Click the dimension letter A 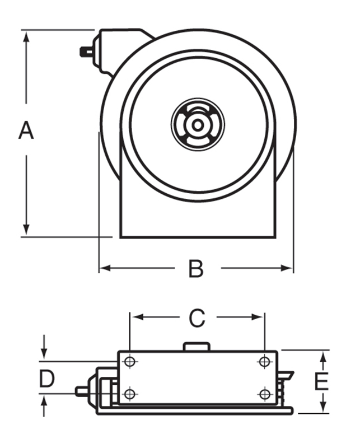(26, 131)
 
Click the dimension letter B (195, 269)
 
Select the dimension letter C (197, 318)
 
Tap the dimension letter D (46, 379)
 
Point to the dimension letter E (321, 382)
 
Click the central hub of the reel (198, 125)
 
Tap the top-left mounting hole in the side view (130, 362)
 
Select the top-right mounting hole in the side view (265, 362)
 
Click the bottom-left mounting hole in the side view (130, 394)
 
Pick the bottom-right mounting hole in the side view (265, 394)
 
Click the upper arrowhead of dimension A (26, 35)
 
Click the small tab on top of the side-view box (197, 347)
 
